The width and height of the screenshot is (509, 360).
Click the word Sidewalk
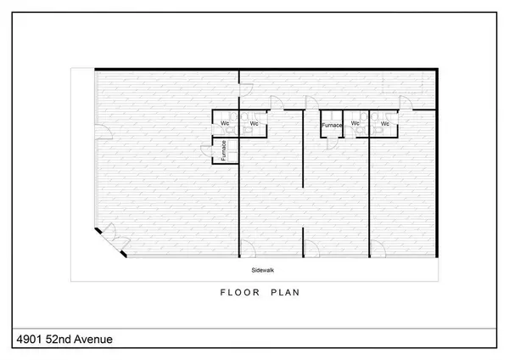(262, 271)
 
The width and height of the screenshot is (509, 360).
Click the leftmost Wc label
(226, 125)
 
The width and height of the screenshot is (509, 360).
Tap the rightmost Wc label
(384, 125)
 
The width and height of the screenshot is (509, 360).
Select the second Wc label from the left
(253, 125)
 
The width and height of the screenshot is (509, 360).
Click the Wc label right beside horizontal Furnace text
(355, 125)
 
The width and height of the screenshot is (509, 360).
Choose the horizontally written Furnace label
(331, 126)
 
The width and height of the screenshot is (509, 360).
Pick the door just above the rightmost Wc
(405, 104)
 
